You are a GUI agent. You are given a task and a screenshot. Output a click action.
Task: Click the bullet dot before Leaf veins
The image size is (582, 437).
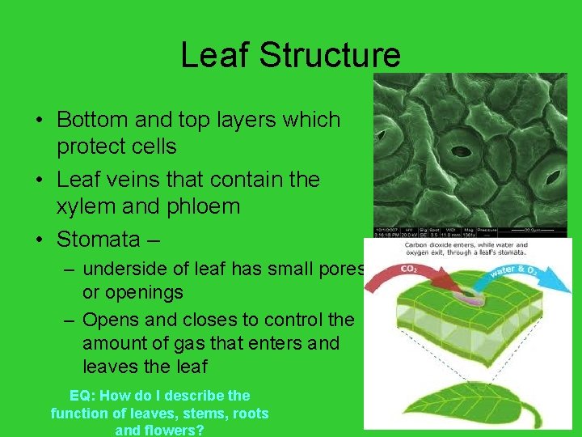tap(39, 180)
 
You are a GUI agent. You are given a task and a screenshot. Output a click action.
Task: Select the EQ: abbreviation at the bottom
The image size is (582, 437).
tap(83, 396)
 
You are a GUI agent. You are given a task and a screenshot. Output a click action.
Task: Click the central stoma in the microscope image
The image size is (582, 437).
tap(462, 150)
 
